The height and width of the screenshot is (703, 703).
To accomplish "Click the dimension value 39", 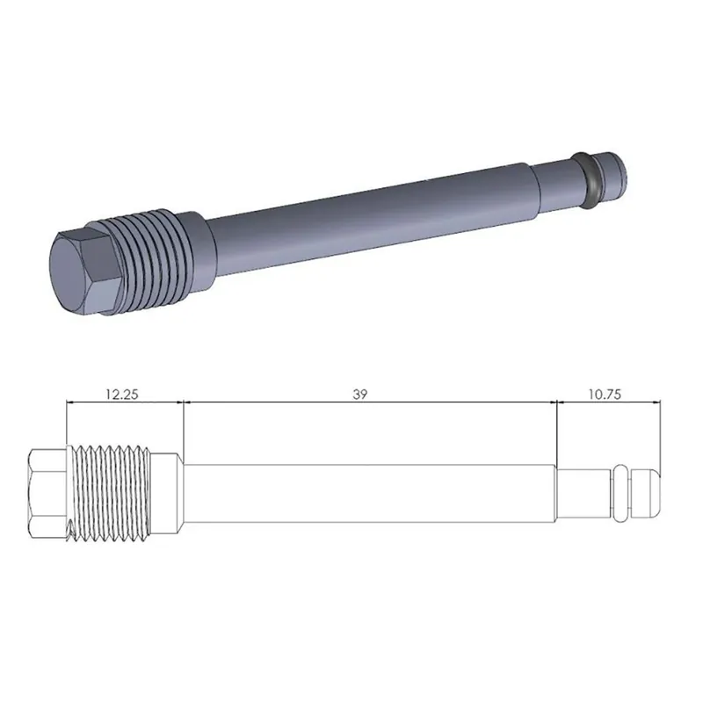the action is click(359, 395).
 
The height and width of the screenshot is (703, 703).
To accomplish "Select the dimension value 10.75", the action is click(604, 395).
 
